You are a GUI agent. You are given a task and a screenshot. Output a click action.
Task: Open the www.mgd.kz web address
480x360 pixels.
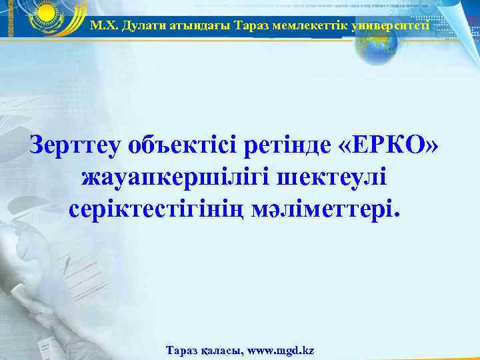click(281, 350)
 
